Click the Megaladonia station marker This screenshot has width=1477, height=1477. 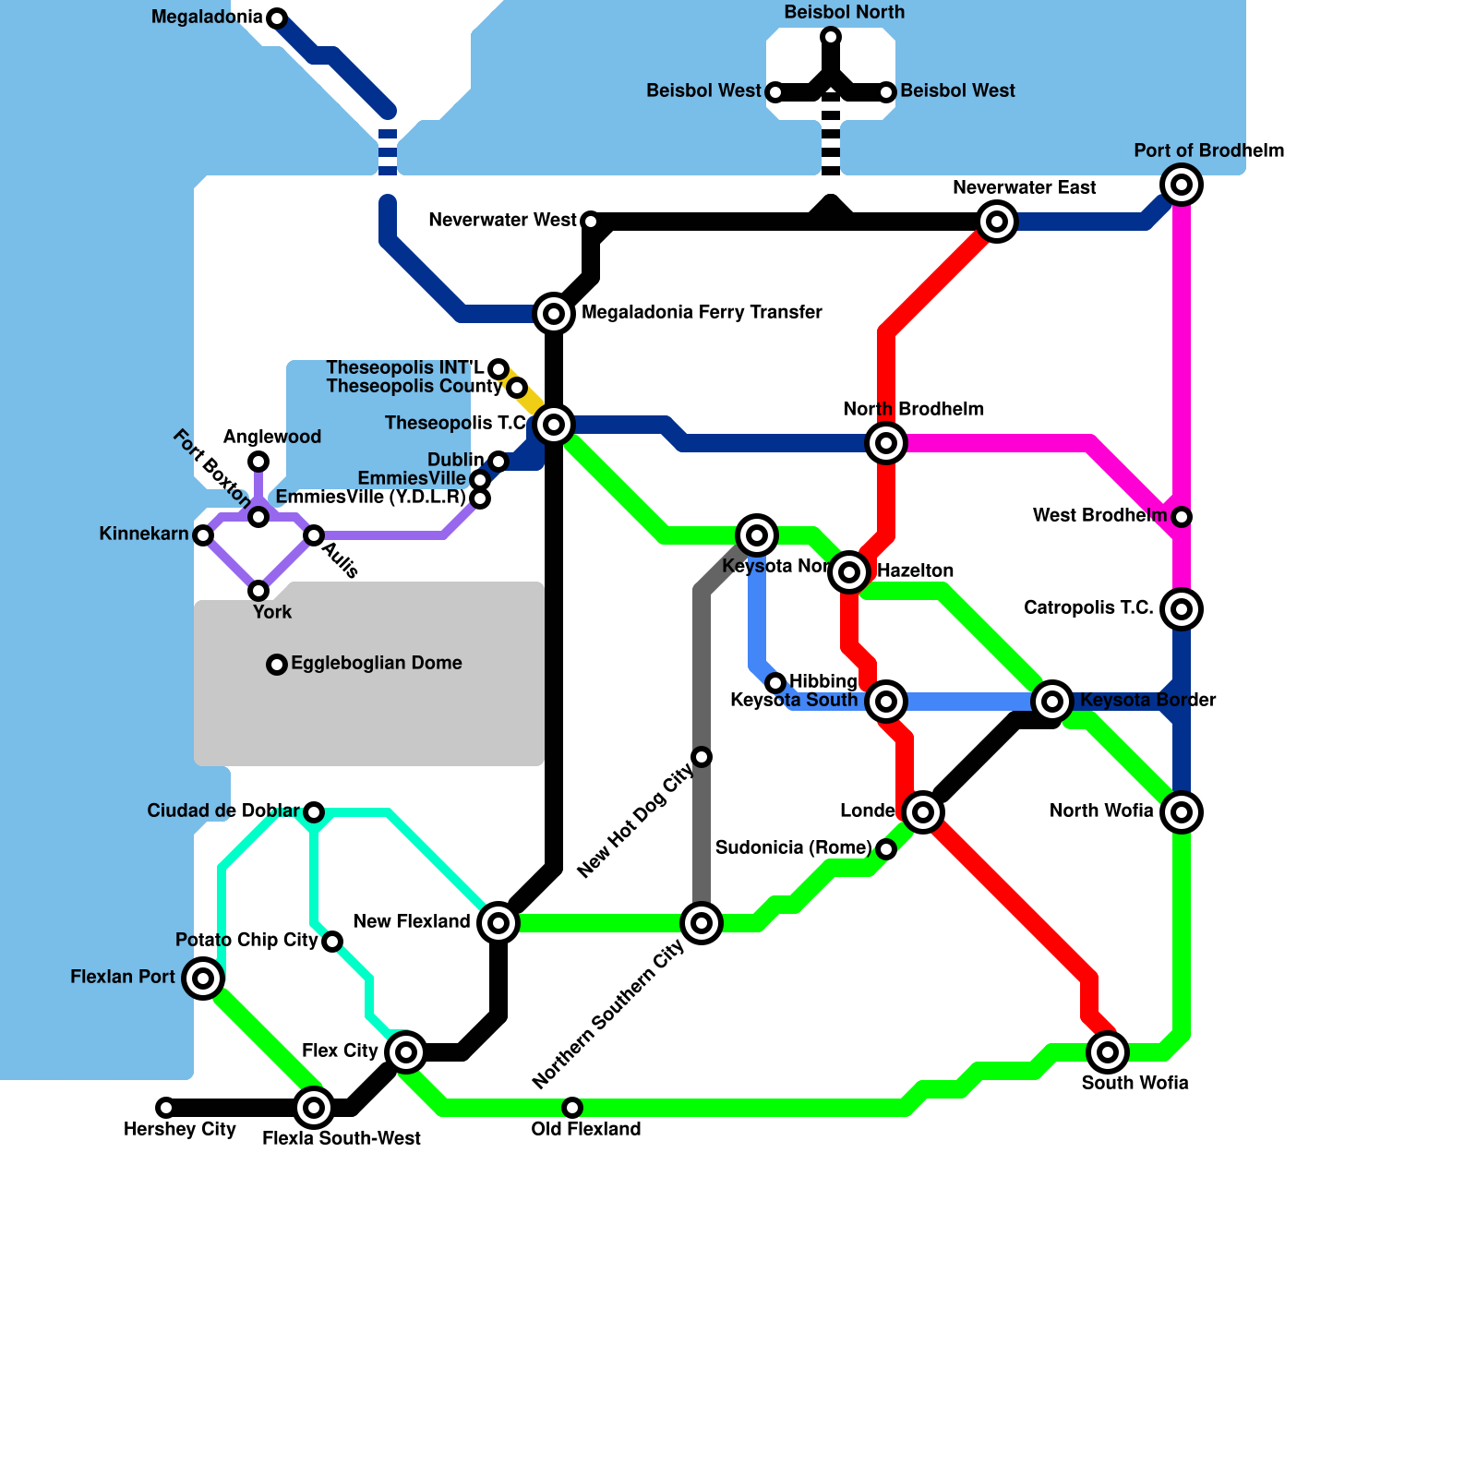pos(277,18)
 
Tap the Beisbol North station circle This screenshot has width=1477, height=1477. pos(831,37)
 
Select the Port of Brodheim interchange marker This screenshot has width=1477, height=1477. pos(1182,185)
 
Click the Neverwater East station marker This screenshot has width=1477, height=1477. pos(997,222)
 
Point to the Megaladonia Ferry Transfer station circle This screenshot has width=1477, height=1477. pos(554,314)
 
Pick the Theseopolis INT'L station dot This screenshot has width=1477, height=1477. pos(498,369)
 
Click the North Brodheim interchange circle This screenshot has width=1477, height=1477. pos(886,443)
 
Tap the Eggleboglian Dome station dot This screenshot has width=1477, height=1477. pos(277,665)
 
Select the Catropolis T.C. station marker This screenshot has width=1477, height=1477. pos(1182,609)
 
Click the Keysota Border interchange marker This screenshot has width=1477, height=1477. pos(1052,702)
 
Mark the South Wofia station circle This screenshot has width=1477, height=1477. pos(1108,1052)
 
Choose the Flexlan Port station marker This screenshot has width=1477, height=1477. pos(203,978)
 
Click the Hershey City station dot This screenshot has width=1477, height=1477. pos(165,1108)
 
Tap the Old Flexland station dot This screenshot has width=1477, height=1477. pos(572,1108)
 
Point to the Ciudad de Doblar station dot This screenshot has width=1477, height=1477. pos(314,812)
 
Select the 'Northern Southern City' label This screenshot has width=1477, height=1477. pos(608,1015)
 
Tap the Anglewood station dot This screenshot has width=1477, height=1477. pos(258,462)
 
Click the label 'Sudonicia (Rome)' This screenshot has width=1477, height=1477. pos(793,847)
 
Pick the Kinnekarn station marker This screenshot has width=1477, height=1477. pos(203,535)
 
